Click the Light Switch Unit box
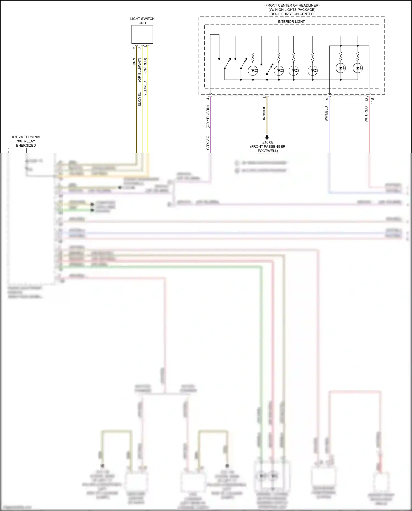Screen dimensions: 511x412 [142, 34]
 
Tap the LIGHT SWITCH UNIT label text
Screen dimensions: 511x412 [142, 21]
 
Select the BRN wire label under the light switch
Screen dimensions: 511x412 [134, 62]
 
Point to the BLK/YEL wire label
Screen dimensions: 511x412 [140, 99]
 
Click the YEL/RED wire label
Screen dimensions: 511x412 [145, 88]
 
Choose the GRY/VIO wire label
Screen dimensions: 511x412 [208, 143]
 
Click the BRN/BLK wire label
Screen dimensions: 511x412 [264, 114]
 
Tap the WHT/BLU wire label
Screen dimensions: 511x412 [326, 114]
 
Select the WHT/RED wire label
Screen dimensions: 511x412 [366, 114]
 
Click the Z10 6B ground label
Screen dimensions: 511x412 [268, 142]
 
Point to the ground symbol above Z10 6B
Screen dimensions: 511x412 [267, 137]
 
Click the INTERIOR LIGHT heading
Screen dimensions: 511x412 [291, 22]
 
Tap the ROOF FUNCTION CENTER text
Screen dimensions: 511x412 [292, 14]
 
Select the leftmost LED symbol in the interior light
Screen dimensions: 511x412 [253, 71]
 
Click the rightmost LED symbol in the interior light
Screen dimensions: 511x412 [358, 68]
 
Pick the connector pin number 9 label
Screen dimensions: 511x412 [327, 99]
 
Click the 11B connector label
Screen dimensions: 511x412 [372, 100]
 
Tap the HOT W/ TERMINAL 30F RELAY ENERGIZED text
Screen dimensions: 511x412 [26, 141]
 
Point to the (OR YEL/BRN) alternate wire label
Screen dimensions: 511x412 [208, 117]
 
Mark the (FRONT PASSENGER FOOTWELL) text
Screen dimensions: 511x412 [268, 149]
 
